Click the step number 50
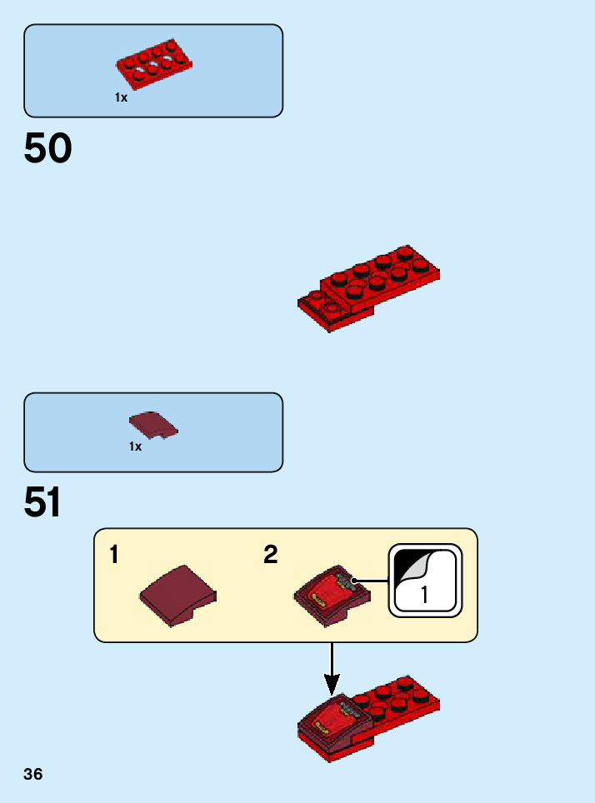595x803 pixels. tap(48, 149)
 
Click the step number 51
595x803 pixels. tap(43, 503)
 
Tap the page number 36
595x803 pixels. tap(33, 775)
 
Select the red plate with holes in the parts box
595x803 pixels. tap(153, 63)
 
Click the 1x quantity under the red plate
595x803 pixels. tap(122, 97)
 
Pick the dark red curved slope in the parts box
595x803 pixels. tap(153, 425)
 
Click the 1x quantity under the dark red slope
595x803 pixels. tap(135, 446)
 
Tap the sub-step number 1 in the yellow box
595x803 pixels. tap(114, 555)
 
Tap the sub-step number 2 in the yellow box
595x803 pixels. tap(271, 555)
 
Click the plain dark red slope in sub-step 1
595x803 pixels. tap(178, 594)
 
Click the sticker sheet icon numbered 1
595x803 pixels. tap(425, 581)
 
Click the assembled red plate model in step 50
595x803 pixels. tap(371, 287)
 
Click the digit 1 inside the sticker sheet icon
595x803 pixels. tap(424, 595)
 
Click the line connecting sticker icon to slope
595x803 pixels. tap(372, 580)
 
